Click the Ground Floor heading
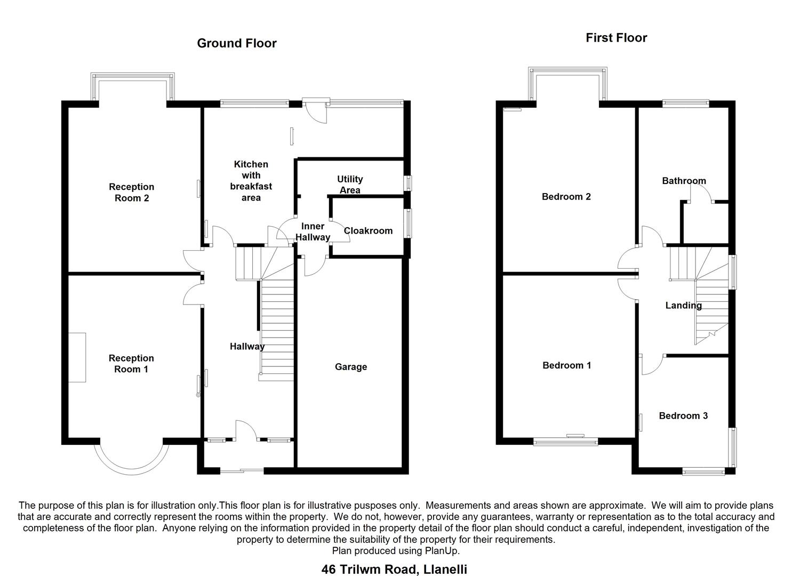(237, 43)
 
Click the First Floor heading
(616, 37)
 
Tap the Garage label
(351, 367)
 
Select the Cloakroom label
(368, 231)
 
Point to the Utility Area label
(350, 185)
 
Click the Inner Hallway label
(313, 232)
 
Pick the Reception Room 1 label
(131, 364)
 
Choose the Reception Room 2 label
(131, 193)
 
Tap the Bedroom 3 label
(683, 416)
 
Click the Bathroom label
(684, 181)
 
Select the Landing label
(683, 306)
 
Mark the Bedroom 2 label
(566, 197)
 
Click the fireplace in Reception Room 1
(77, 357)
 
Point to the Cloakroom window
(409, 223)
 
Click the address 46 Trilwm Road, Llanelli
(394, 569)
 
